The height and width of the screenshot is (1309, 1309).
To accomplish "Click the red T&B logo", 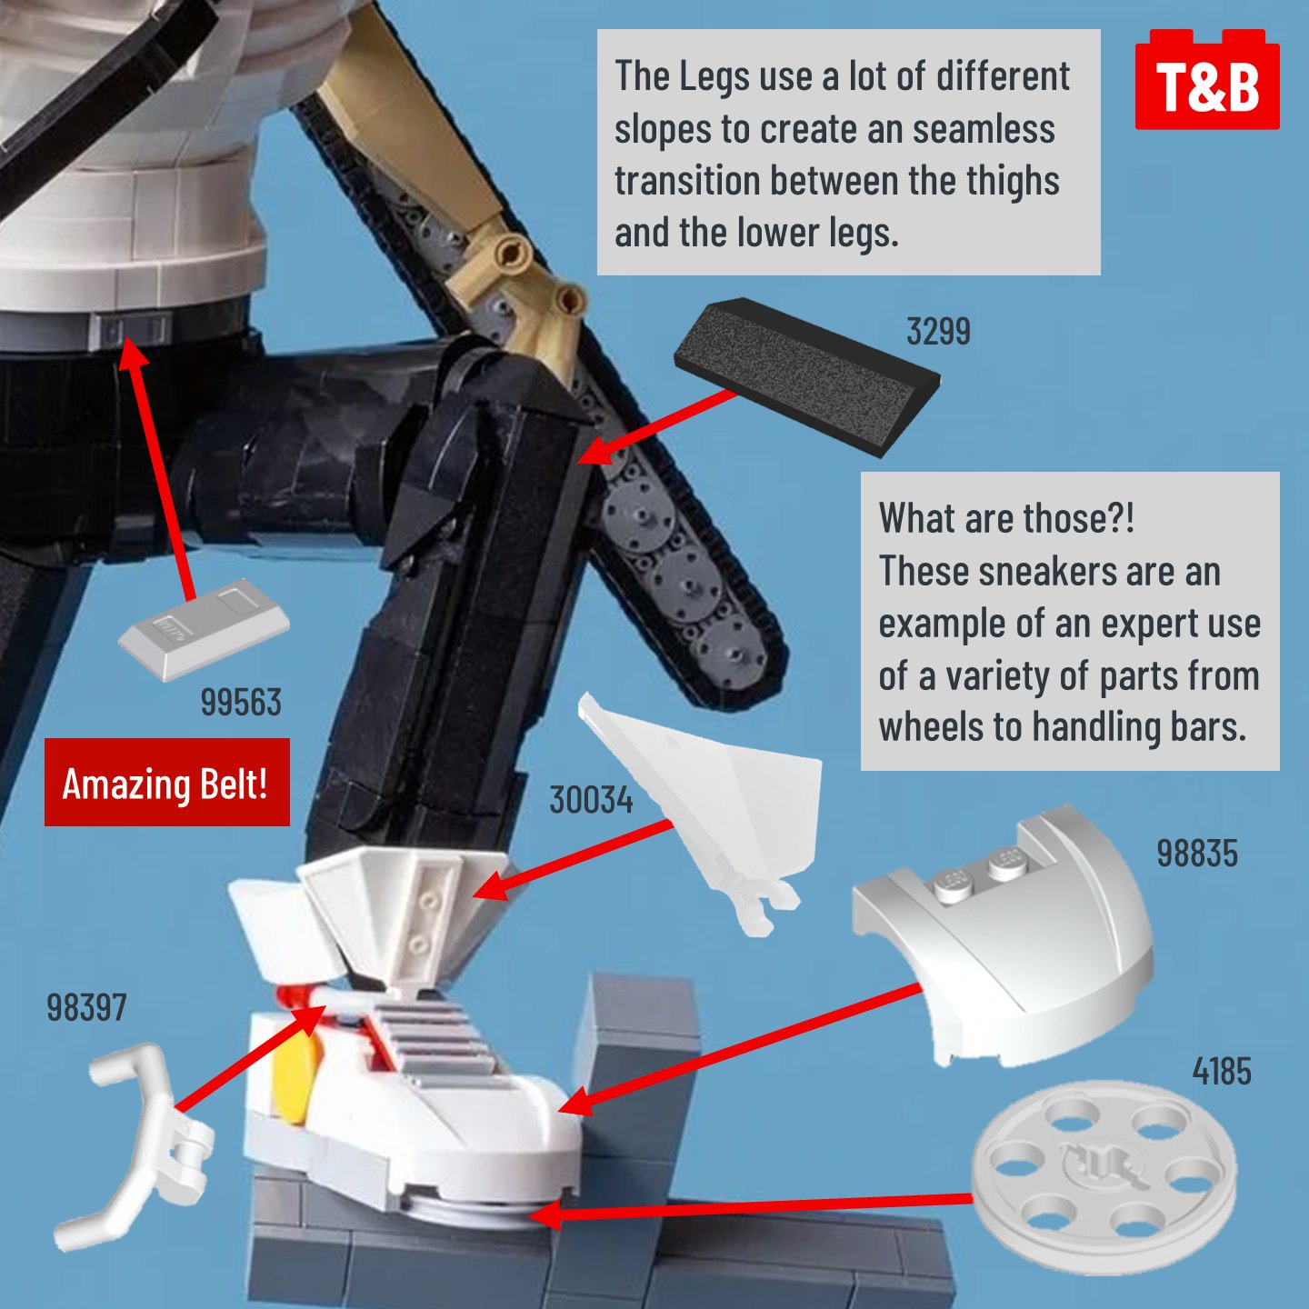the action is [x=1207, y=79].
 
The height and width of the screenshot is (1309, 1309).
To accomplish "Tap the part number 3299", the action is [x=938, y=332].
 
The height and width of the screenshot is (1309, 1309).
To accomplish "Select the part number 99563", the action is [x=241, y=703].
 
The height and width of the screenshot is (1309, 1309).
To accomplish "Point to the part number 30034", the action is [x=591, y=800].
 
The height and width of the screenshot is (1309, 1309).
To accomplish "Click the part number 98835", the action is [x=1197, y=854].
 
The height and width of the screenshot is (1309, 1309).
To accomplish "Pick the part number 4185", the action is [x=1222, y=1071].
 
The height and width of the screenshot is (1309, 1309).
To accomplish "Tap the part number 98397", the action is [x=86, y=1007].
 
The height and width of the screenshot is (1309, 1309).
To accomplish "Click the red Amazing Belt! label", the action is [x=167, y=782].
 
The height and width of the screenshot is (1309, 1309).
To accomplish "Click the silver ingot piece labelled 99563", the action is [x=204, y=628].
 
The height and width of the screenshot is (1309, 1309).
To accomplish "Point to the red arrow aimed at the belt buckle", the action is [x=157, y=468].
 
